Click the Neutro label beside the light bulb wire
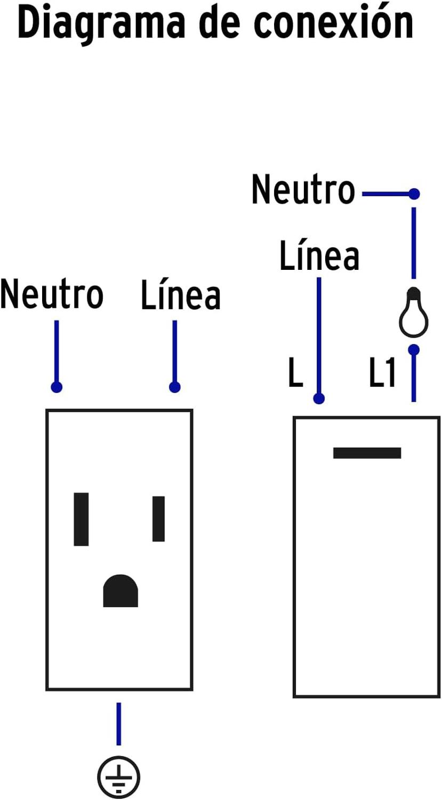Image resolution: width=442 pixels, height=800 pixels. tap(303, 189)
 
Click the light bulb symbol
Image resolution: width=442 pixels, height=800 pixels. tap(414, 314)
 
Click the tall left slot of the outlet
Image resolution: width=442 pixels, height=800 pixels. tap(81, 519)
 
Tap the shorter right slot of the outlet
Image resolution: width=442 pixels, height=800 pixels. tap(158, 518)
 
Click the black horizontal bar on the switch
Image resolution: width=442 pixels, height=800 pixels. tap(367, 453)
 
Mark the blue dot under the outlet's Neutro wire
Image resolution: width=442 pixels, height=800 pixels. tap(57, 387)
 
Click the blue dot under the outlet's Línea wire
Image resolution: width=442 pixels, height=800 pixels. tap(174, 387)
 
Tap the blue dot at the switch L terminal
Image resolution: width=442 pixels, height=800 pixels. tap(319, 398)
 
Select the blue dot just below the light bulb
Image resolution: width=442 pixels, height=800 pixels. tap(414, 350)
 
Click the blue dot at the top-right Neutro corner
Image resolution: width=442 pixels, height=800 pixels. tap(414, 194)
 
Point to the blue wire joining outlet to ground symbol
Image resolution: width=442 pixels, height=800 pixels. tap(118, 723)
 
